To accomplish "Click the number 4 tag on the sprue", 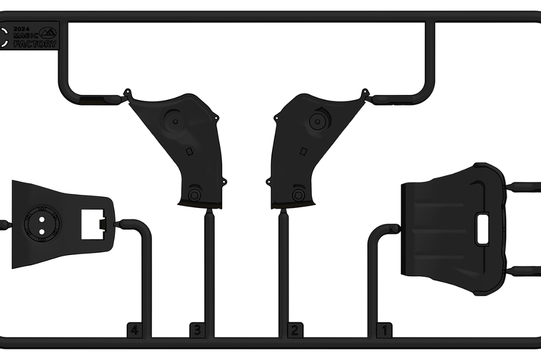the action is tap(134, 330).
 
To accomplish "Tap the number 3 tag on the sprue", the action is tap(197, 330).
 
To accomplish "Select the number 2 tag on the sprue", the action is tap(295, 330).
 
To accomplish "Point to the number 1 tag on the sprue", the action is tap(384, 330).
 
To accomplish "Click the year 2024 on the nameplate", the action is tap(21, 29).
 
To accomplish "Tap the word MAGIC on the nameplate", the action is tap(26, 35).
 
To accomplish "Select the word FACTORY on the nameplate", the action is tap(35, 44).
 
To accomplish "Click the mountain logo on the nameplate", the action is tap(47, 33).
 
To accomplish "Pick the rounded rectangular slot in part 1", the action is tap(482, 229).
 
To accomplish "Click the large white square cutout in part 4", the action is tap(93, 224).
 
